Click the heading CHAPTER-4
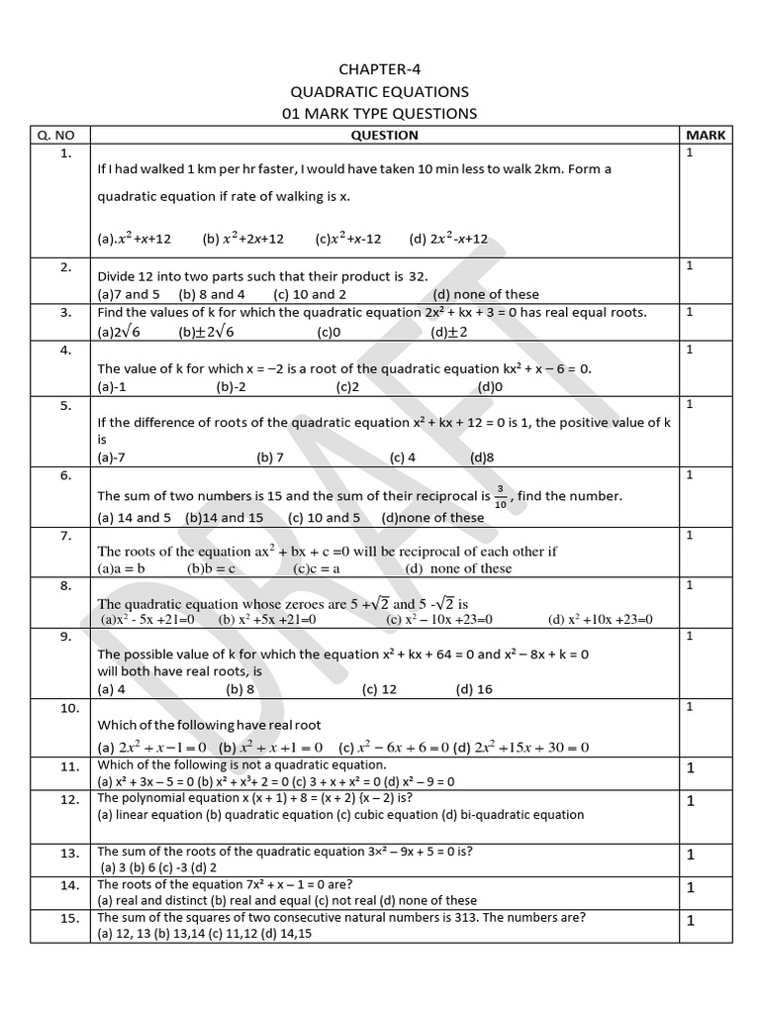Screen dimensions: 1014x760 pyautogui.click(x=379, y=68)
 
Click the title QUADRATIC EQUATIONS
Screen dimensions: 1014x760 pyautogui.click(x=379, y=91)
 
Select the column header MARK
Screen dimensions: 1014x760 pyautogui.click(x=705, y=135)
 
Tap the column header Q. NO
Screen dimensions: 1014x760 pyautogui.click(x=65, y=135)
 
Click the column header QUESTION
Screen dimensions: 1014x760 pyautogui.click(x=384, y=135)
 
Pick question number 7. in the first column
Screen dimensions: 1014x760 pyautogui.click(x=65, y=536)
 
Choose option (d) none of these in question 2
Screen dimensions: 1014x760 pyautogui.click(x=486, y=294)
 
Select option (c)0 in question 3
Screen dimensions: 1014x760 pyautogui.click(x=329, y=333)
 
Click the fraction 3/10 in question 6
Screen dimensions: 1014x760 pyautogui.click(x=500, y=495)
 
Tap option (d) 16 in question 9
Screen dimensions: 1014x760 pyautogui.click(x=473, y=689)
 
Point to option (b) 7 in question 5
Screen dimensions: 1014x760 pyautogui.click(x=270, y=457)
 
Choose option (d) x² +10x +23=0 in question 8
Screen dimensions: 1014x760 pyautogui.click(x=601, y=620)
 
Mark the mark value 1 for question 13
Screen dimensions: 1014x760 pyautogui.click(x=692, y=854)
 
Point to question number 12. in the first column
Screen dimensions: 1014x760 pyautogui.click(x=68, y=799)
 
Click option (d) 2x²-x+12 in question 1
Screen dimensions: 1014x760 pyautogui.click(x=448, y=239)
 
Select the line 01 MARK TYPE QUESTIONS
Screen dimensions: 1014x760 pyautogui.click(x=379, y=113)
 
